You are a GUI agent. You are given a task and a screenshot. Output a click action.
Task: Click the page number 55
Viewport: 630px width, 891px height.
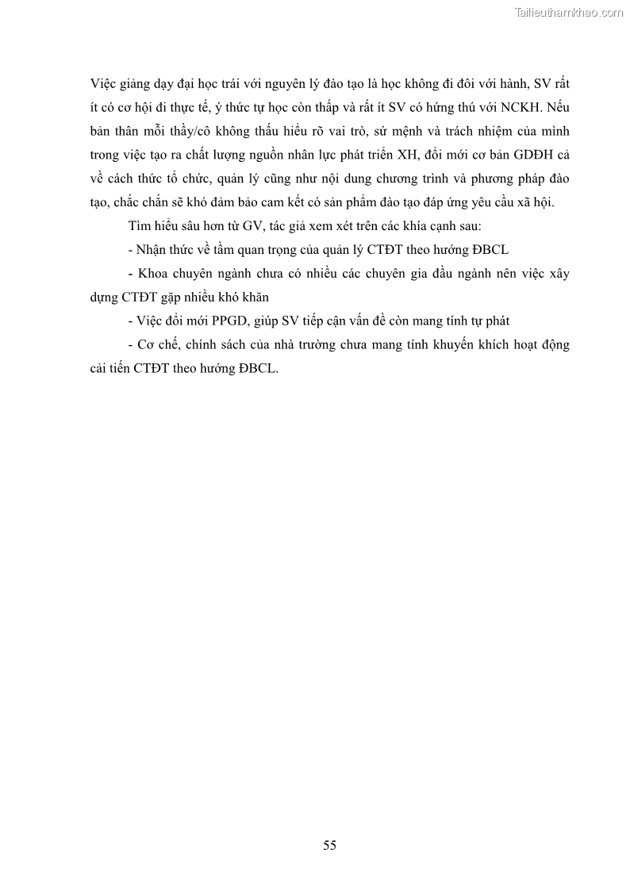(x=330, y=845)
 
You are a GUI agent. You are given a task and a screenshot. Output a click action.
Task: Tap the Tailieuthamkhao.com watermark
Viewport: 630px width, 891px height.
(x=569, y=12)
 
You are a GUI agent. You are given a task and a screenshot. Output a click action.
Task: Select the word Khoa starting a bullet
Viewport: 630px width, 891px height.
(x=153, y=274)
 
